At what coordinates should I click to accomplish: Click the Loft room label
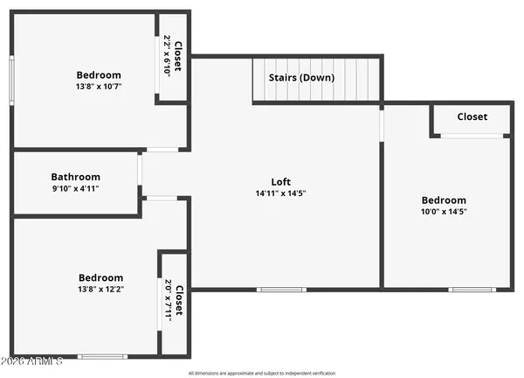pos(280,182)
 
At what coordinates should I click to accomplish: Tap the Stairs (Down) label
pos(301,78)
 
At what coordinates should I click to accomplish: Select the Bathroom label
pos(75,177)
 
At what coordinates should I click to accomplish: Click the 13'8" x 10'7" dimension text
pos(99,87)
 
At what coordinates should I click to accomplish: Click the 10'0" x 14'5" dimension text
pos(444,211)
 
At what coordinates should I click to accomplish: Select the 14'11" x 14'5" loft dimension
pos(280,193)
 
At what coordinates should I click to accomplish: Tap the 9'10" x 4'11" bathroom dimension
pos(75,188)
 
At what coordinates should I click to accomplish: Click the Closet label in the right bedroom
pos(472,117)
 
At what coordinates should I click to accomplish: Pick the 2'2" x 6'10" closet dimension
pos(168,54)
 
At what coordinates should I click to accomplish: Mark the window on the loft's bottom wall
pos(280,289)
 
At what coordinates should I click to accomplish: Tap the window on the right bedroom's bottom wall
pos(472,289)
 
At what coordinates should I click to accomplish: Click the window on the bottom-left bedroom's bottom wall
pos(102,356)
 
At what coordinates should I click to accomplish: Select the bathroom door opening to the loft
pos(140,169)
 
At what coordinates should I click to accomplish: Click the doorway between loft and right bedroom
pos(381,123)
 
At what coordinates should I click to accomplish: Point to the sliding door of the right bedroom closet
pos(472,136)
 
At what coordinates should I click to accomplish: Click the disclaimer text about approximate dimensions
pos(262,373)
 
